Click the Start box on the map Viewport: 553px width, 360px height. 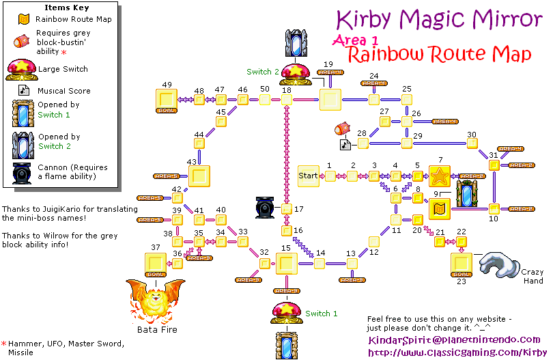tap(309, 176)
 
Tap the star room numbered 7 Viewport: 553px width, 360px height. tap(440, 176)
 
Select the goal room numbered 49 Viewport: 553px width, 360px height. tap(167, 100)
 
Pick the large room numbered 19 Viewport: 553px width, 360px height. tap(330, 100)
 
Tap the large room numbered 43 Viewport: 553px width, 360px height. tap(199, 176)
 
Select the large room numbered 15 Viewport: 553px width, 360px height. tap(285, 263)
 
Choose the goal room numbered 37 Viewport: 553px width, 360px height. tap(156, 264)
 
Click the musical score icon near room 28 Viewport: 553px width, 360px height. tap(345, 145)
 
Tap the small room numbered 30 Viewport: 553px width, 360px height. tap(471, 143)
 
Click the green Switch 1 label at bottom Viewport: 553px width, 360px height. tap(321, 314)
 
